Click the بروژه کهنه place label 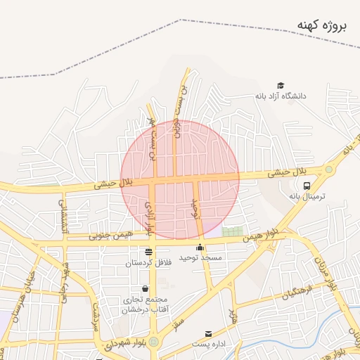tap(322, 27)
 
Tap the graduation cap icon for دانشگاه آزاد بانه tap(281, 85)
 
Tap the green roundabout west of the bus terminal tap(328, 169)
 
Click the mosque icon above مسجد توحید tap(200, 247)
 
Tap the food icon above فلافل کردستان tap(148, 252)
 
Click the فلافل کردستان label tap(148, 263)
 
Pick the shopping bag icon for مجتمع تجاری tap(145, 289)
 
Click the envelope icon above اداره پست tap(207, 333)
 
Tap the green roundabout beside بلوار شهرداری tap(153, 342)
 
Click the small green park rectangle tap(231, 231)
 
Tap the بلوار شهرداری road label tap(117, 345)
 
